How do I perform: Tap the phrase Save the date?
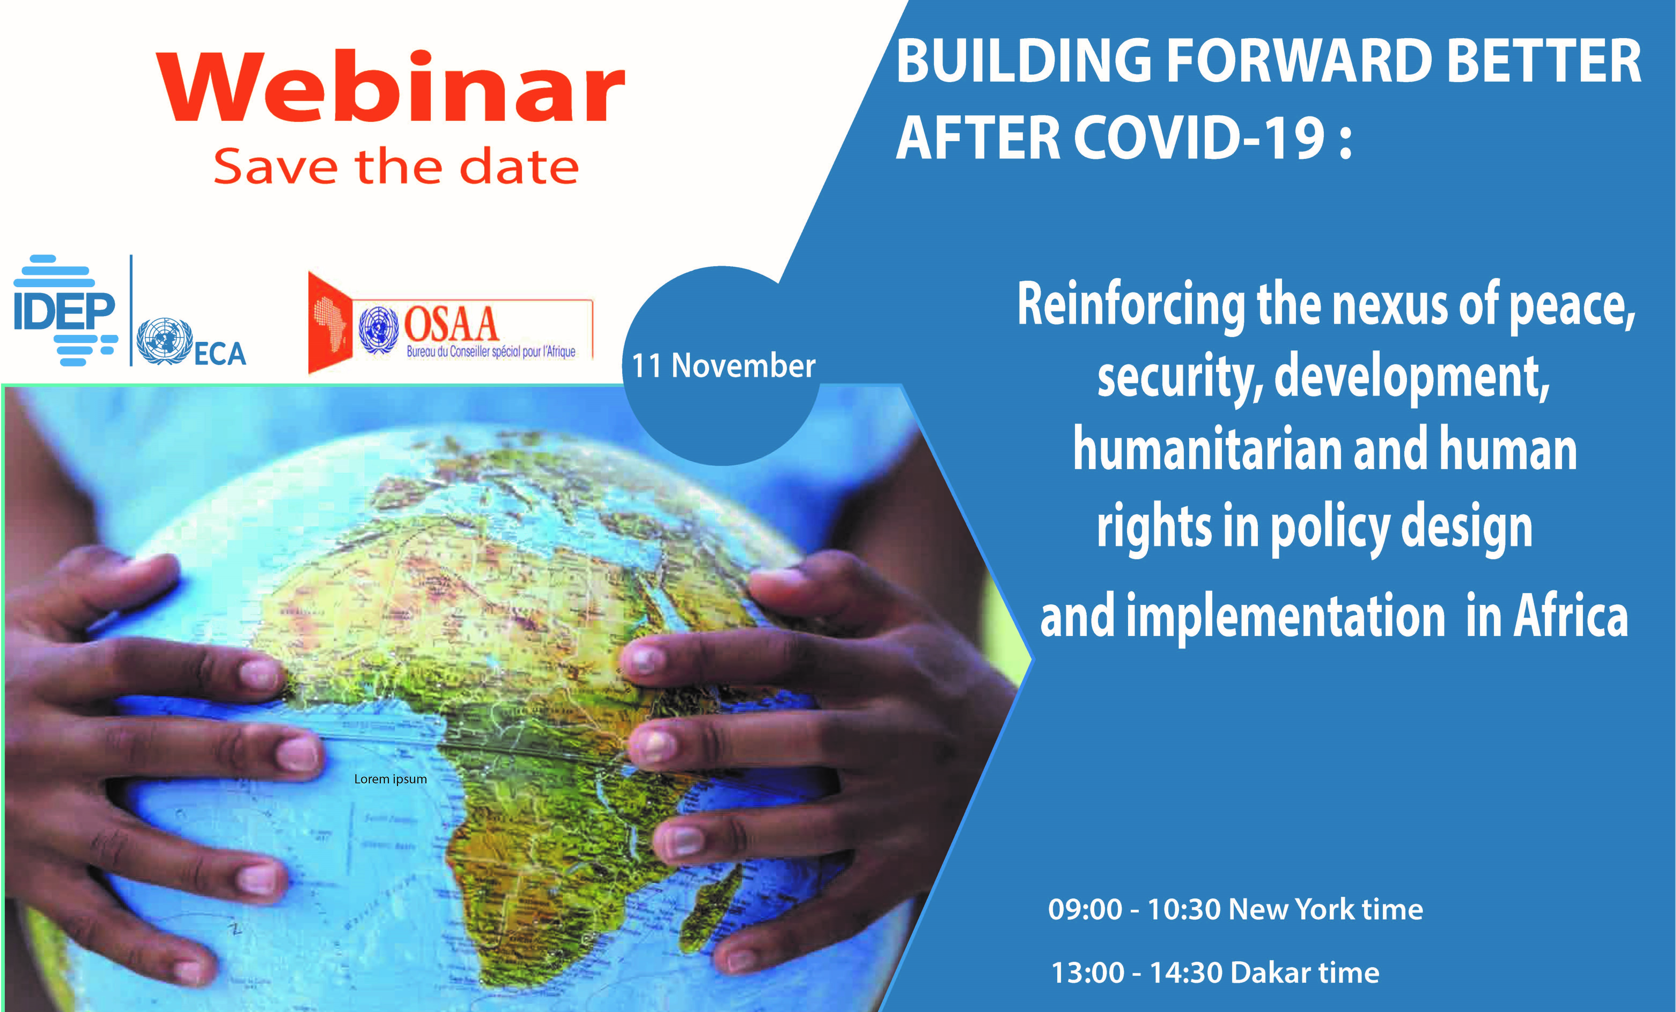click(396, 167)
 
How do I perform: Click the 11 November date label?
click(723, 366)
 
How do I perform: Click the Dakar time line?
click(1215, 973)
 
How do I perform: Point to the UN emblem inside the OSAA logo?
click(378, 329)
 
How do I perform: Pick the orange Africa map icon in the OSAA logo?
click(331, 323)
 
